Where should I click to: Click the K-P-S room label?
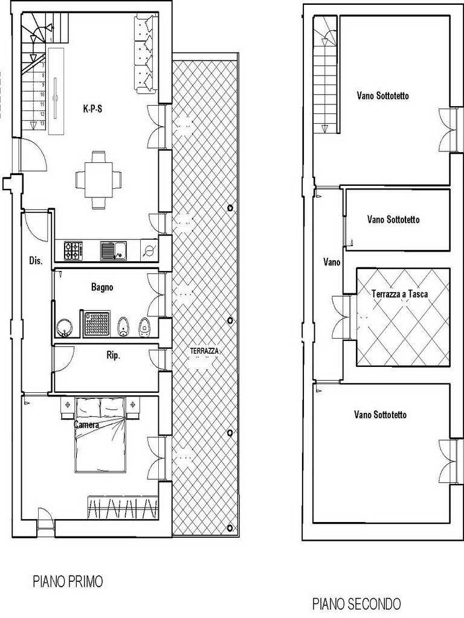92,109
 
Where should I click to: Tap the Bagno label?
102,287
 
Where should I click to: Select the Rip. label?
113,355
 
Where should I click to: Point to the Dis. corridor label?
36,261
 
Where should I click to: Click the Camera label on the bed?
86,425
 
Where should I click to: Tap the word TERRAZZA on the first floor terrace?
204,351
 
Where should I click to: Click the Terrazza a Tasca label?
400,294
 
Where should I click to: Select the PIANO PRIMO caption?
68,581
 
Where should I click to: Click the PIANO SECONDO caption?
356,604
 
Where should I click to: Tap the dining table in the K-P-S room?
98,180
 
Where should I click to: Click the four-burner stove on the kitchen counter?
74,250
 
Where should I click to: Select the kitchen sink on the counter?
114,251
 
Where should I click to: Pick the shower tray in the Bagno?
97,324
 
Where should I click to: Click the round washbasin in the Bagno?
64,328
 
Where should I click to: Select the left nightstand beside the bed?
68,407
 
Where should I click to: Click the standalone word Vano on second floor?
332,262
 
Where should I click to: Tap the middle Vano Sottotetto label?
393,219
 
